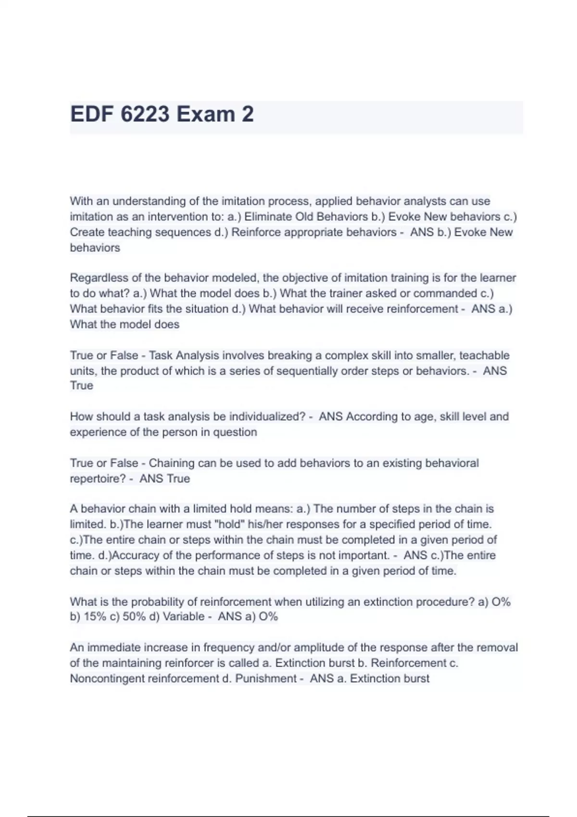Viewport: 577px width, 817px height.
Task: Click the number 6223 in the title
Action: pyautogui.click(x=145, y=114)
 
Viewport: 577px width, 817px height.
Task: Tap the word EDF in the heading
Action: pyautogui.click(x=92, y=114)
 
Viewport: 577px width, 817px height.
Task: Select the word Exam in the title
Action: pyautogui.click(x=206, y=114)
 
